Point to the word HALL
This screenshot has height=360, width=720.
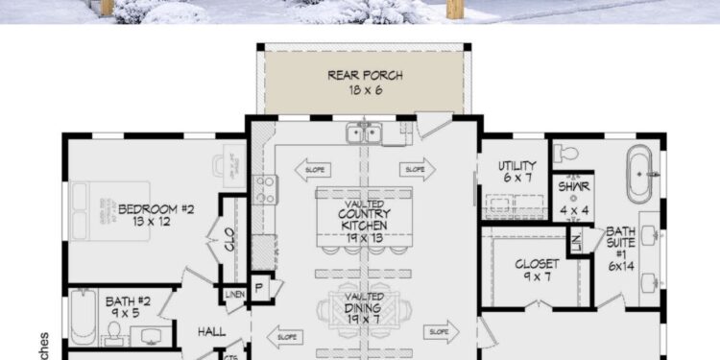click(x=211, y=331)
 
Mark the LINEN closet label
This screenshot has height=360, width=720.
click(x=234, y=293)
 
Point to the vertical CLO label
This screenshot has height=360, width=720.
click(x=230, y=240)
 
